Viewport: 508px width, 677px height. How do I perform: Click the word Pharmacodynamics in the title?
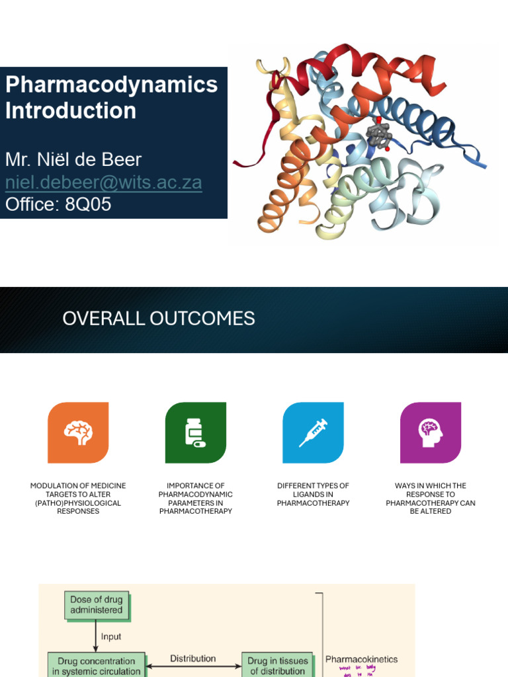point(111,85)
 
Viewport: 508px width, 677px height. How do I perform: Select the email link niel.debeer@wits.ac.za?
point(103,182)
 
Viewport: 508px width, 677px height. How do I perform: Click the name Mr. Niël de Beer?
point(73,160)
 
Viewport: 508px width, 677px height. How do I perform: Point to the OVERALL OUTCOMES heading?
point(159,319)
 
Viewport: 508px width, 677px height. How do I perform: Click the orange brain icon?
point(78,432)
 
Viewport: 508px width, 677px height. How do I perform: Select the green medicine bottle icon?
point(195,432)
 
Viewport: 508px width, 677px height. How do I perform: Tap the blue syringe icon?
point(313,432)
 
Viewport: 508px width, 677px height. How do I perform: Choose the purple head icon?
point(431,432)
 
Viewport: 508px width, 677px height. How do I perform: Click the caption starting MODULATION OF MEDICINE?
point(78,498)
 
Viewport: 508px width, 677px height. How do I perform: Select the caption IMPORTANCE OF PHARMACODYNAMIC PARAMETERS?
point(195,498)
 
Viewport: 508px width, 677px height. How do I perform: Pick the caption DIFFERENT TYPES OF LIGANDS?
point(313,495)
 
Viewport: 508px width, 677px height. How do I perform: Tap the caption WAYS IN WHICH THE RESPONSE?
point(431,498)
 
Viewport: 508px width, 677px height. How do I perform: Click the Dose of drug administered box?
point(97,605)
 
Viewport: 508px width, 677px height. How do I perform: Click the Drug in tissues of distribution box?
point(278,666)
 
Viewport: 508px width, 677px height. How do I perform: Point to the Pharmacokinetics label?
point(361,659)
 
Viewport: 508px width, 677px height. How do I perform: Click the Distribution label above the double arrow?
point(192,658)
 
